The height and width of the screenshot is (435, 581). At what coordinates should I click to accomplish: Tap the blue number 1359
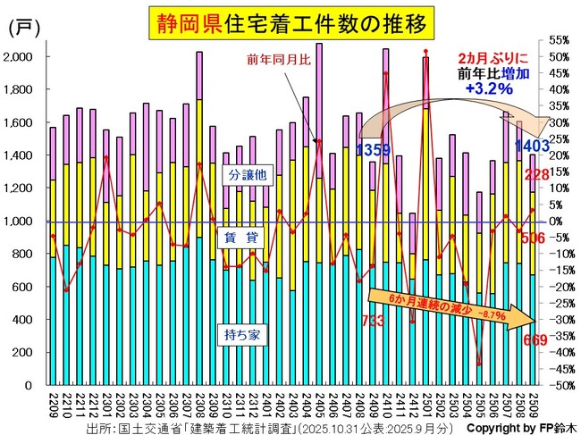tap(373, 148)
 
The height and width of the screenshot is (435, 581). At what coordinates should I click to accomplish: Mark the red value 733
tap(374, 320)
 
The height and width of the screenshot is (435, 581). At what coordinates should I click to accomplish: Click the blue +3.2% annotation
tap(488, 89)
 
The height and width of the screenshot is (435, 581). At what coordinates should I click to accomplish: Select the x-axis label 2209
tap(53, 402)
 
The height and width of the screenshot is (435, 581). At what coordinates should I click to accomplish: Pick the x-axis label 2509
tap(535, 402)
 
